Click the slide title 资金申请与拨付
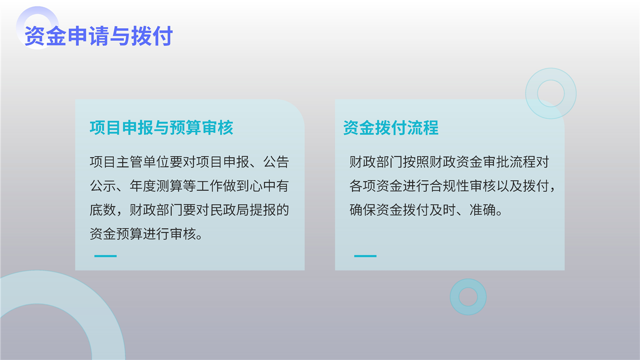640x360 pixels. [x=98, y=36]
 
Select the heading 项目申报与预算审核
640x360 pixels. [x=161, y=127]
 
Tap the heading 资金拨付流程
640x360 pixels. [x=391, y=127]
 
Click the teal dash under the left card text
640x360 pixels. [x=105, y=256]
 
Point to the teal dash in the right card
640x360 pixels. [x=365, y=256]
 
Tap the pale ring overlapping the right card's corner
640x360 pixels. [x=531, y=93]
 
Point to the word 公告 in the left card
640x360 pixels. [x=276, y=162]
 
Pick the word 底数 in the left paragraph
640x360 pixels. [x=103, y=210]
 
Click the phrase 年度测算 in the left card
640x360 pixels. [x=156, y=186]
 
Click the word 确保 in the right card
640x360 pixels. [x=362, y=210]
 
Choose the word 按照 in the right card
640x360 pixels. [x=416, y=162]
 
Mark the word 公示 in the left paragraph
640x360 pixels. [x=103, y=186]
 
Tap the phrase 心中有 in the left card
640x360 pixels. [x=269, y=186]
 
